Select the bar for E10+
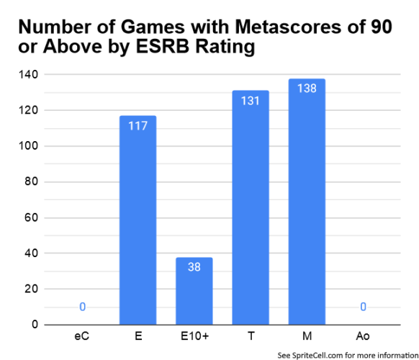click(x=194, y=291)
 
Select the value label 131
click(x=251, y=102)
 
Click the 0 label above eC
click(x=82, y=307)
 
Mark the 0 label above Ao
click(x=363, y=307)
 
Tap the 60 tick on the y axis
click(x=32, y=217)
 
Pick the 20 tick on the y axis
click(x=32, y=289)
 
